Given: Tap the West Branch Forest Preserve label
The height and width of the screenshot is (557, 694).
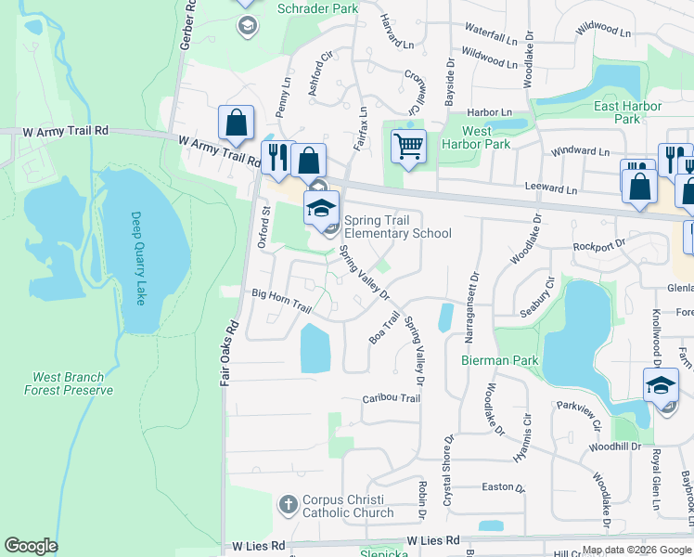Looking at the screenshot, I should pyautogui.click(x=73, y=383).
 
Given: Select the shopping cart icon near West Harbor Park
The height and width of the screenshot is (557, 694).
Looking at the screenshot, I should pyautogui.click(x=408, y=147).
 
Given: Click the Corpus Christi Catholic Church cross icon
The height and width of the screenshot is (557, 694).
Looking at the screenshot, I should pyautogui.click(x=288, y=505).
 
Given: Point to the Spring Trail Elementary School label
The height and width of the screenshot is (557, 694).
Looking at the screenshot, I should pyautogui.click(x=397, y=227).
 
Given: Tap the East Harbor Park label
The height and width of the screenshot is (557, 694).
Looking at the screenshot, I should pyautogui.click(x=628, y=112).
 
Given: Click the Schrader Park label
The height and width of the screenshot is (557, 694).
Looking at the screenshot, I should pyautogui.click(x=317, y=7).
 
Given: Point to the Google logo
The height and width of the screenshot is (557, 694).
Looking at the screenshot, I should pyautogui.click(x=32, y=546).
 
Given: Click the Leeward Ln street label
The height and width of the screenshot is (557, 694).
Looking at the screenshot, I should pyautogui.click(x=551, y=189).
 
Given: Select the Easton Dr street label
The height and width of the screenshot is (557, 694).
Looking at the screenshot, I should pyautogui.click(x=503, y=487).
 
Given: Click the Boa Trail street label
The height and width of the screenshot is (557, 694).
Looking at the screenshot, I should pyautogui.click(x=384, y=328).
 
